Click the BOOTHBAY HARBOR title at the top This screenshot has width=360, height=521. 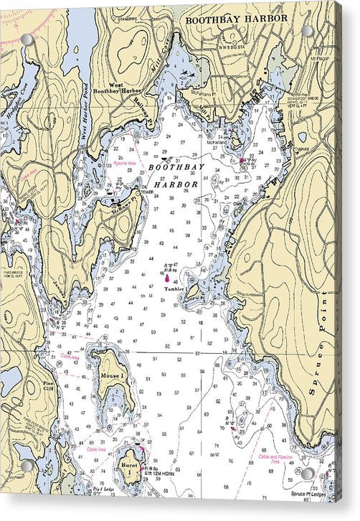(237, 19)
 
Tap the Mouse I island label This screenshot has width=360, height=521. (113, 375)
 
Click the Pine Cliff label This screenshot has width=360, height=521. (48, 387)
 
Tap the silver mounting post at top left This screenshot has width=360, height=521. (27, 39)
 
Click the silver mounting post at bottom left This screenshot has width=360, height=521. (27, 466)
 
